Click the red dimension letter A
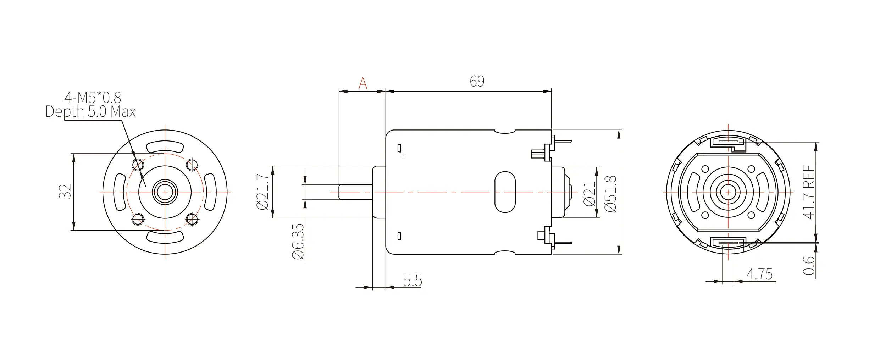click(x=362, y=83)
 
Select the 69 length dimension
click(x=477, y=81)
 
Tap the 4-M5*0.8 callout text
click(x=93, y=97)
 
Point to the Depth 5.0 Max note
click(x=90, y=112)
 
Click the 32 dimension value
click(x=66, y=192)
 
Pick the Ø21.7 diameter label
click(x=263, y=192)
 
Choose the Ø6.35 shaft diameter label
click(x=298, y=242)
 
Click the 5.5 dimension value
click(x=413, y=281)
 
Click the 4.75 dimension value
click(x=759, y=274)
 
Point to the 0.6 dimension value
click(x=808, y=266)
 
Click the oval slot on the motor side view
click(x=505, y=192)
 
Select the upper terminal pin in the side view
click(x=562, y=142)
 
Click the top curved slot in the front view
click(x=165, y=146)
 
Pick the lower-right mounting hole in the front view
click(x=192, y=219)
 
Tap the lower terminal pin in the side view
click(x=562, y=243)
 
